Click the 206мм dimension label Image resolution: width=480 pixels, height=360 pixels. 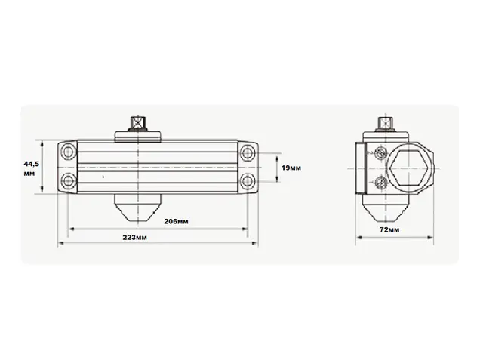click(176, 221)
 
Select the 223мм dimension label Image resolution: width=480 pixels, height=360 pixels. click(134, 238)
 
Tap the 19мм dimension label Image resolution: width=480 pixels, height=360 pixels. click(291, 168)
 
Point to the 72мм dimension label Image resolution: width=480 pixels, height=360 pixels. click(389, 229)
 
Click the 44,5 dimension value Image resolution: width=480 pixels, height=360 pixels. click(32, 164)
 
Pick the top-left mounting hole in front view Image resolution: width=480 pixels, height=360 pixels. click(68, 152)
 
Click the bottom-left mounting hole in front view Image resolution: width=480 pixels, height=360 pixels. click(68, 180)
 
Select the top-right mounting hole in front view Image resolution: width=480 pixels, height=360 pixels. click(247, 152)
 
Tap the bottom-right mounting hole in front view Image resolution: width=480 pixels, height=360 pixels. click(247, 181)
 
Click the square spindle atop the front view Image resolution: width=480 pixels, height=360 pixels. click(138, 123)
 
